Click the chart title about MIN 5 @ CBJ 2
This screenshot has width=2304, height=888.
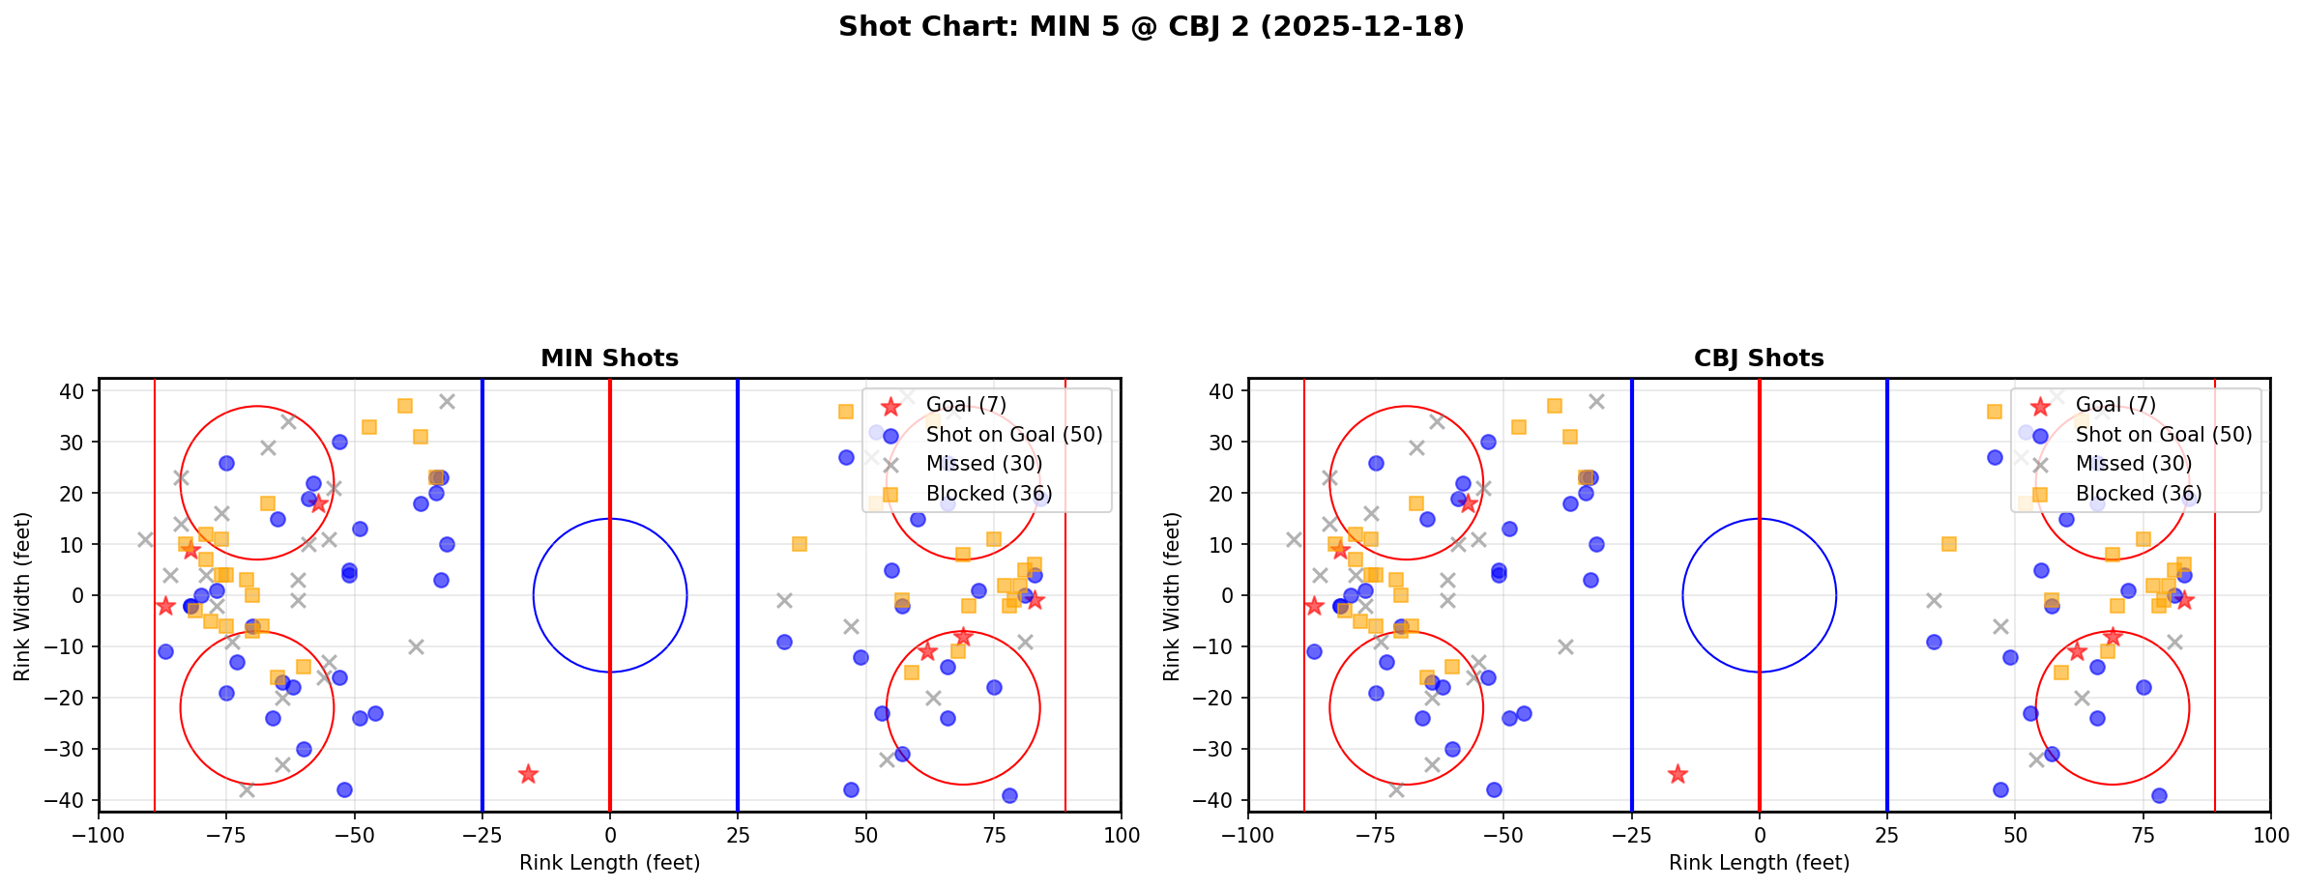pyautogui.click(x=1151, y=27)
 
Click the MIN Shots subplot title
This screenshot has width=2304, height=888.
pyautogui.click(x=609, y=358)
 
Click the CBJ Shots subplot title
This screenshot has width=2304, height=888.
pyautogui.click(x=1759, y=358)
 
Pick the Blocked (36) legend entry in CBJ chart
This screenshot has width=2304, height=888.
pyautogui.click(x=2139, y=494)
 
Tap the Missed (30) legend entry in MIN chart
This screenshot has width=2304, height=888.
pyautogui.click(x=983, y=464)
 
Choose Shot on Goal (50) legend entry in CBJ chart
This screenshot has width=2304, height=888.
pyautogui.click(x=2164, y=435)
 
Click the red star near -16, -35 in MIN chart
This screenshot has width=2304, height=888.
pyautogui.click(x=528, y=774)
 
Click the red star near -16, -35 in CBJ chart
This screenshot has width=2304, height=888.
pyautogui.click(x=1677, y=774)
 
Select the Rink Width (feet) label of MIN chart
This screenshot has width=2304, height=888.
pyautogui.click(x=22, y=595)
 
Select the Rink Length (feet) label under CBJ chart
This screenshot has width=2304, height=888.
pyautogui.click(x=1759, y=863)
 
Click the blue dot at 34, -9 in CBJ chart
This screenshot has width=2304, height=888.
pyautogui.click(x=1933, y=642)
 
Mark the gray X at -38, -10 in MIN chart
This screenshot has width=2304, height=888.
pyautogui.click(x=416, y=646)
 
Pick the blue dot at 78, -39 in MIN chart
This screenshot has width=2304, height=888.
pyautogui.click(x=1008, y=795)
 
